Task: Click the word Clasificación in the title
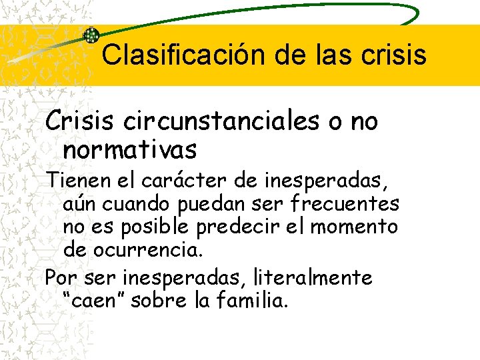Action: (182, 55)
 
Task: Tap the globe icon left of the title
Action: (91, 35)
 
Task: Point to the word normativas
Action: (130, 150)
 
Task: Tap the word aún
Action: (80, 204)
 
